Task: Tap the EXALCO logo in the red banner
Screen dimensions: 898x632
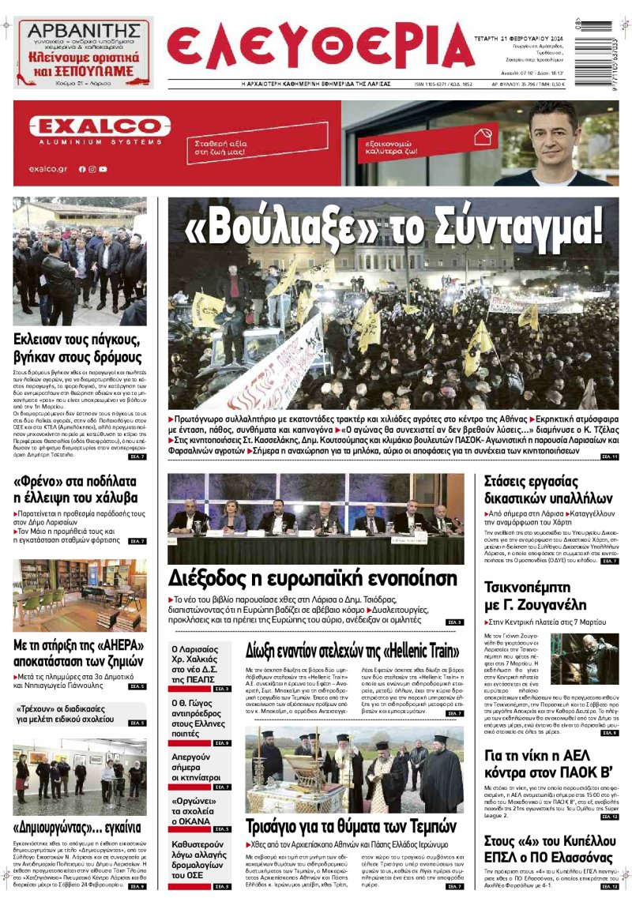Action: pyautogui.click(x=100, y=126)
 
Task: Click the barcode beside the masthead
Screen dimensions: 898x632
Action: pyautogui.click(x=605, y=47)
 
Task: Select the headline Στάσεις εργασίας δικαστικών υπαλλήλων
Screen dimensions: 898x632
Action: pyautogui.click(x=543, y=490)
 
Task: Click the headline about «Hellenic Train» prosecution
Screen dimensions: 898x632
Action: pyautogui.click(x=352, y=652)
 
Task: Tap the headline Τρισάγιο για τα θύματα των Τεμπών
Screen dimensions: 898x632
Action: pyautogui.click(x=351, y=826)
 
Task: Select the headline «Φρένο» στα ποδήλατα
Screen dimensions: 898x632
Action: pyautogui.click(x=76, y=489)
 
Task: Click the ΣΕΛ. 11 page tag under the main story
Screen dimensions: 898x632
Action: pyautogui.click(x=609, y=457)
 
